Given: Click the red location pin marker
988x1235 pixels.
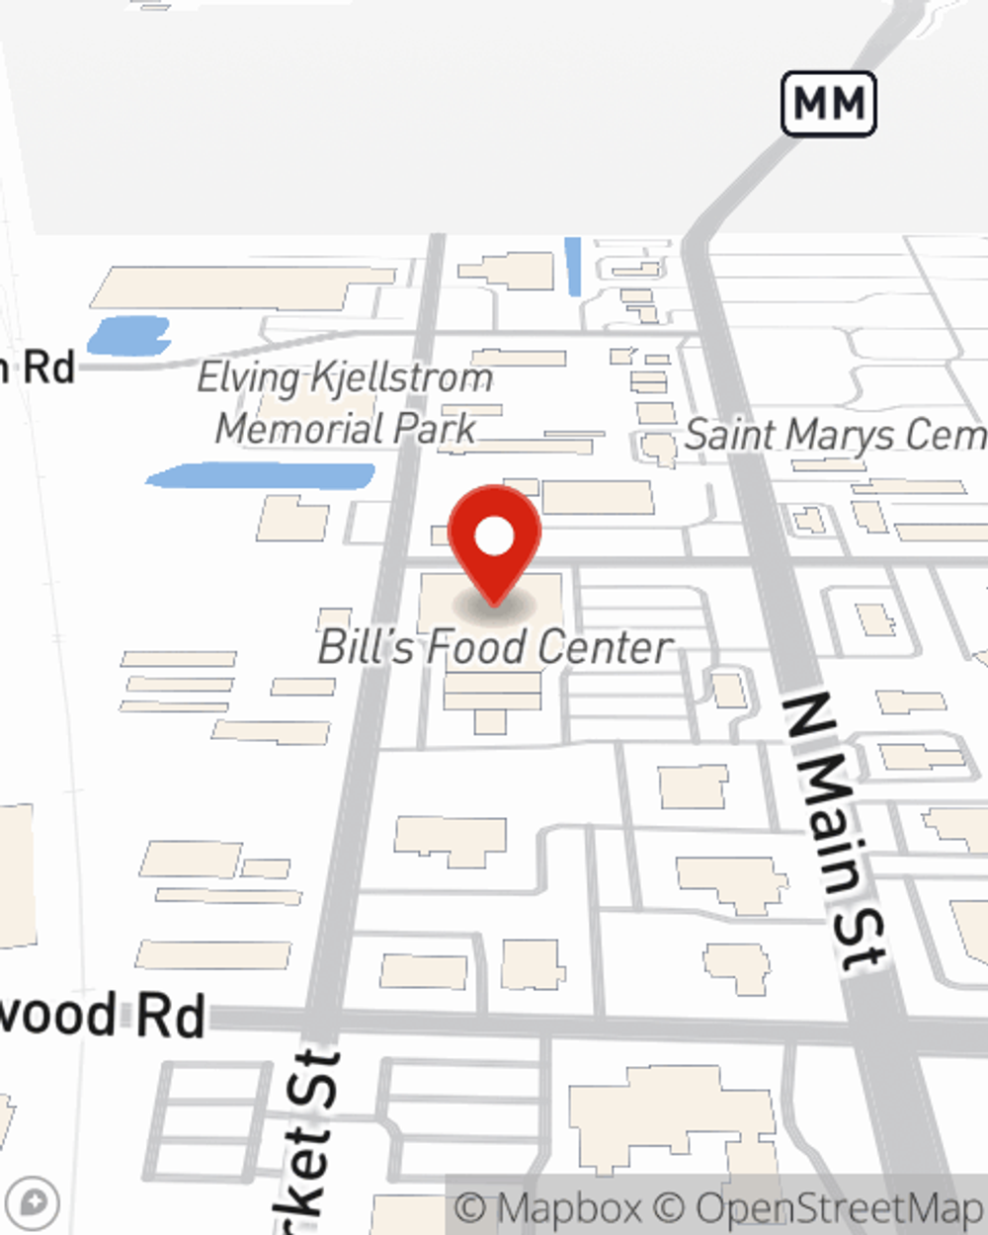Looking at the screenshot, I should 494,538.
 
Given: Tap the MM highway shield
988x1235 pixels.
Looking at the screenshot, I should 829,103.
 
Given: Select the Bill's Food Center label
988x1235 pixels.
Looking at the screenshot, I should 495,647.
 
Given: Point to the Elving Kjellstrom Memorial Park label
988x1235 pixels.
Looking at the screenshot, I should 345,403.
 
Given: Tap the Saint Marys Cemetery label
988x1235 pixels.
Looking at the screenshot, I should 835,436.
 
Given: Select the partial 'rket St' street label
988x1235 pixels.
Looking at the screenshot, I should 308,1136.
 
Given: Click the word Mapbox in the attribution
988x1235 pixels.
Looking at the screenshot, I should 569,1208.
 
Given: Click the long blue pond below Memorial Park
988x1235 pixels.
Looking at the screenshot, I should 261,476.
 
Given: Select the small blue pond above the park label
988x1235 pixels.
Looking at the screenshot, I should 128,335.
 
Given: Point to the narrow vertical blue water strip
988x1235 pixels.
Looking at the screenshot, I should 573,266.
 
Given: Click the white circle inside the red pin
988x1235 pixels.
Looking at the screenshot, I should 494,536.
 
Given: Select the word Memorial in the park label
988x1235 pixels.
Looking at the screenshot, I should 299,429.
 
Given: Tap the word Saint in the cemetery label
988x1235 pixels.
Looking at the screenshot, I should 728,435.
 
